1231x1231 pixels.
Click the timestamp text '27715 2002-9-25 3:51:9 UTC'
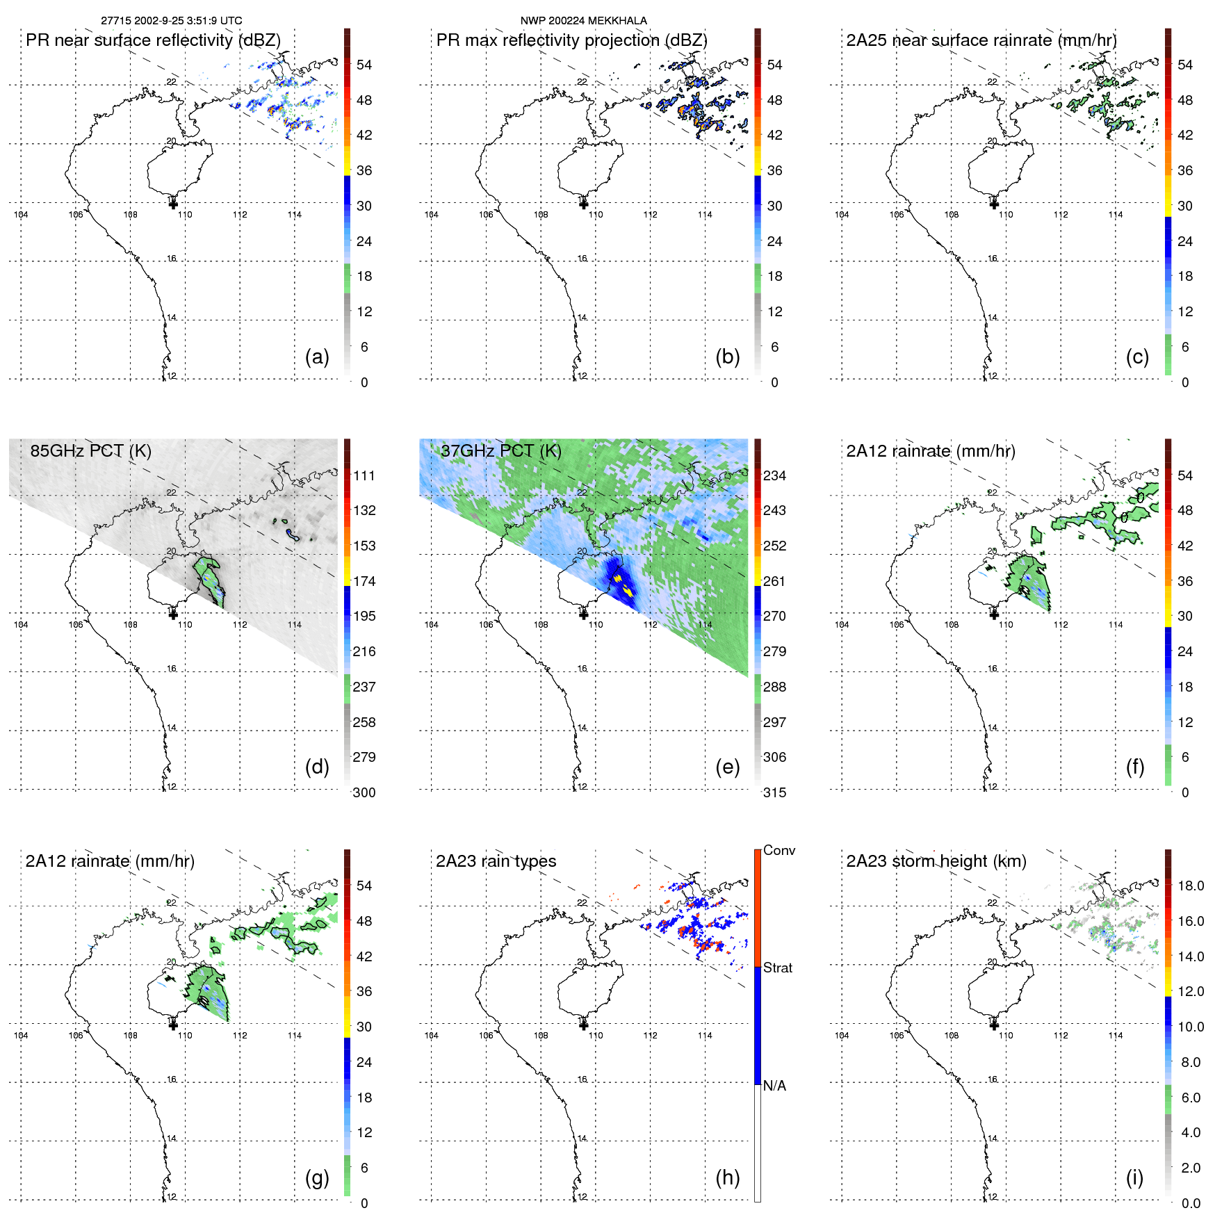(x=171, y=21)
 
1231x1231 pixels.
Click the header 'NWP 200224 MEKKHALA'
(x=583, y=21)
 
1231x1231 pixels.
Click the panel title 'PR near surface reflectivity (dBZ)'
(x=153, y=40)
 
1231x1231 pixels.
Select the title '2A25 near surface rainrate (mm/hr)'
(x=981, y=40)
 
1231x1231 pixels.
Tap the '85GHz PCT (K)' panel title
(x=90, y=450)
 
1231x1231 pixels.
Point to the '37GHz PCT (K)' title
(x=500, y=450)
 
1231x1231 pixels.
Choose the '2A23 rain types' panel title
(x=496, y=861)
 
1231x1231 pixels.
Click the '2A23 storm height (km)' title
(x=936, y=861)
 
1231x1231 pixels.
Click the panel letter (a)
(x=317, y=357)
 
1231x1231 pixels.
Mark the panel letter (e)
(x=727, y=767)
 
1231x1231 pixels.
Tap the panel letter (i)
(x=1134, y=1177)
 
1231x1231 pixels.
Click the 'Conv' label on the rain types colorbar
(x=778, y=850)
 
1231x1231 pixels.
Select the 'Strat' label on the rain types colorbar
(x=777, y=968)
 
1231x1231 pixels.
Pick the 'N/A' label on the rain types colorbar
(x=774, y=1086)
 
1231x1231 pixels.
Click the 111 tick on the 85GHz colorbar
(x=364, y=475)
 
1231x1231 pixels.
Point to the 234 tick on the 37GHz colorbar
(x=774, y=475)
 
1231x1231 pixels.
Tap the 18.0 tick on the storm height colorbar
(x=1191, y=886)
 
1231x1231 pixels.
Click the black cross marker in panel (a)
(x=173, y=204)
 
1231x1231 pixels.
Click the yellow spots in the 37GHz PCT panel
(x=622, y=585)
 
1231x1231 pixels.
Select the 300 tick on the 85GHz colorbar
(x=364, y=792)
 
